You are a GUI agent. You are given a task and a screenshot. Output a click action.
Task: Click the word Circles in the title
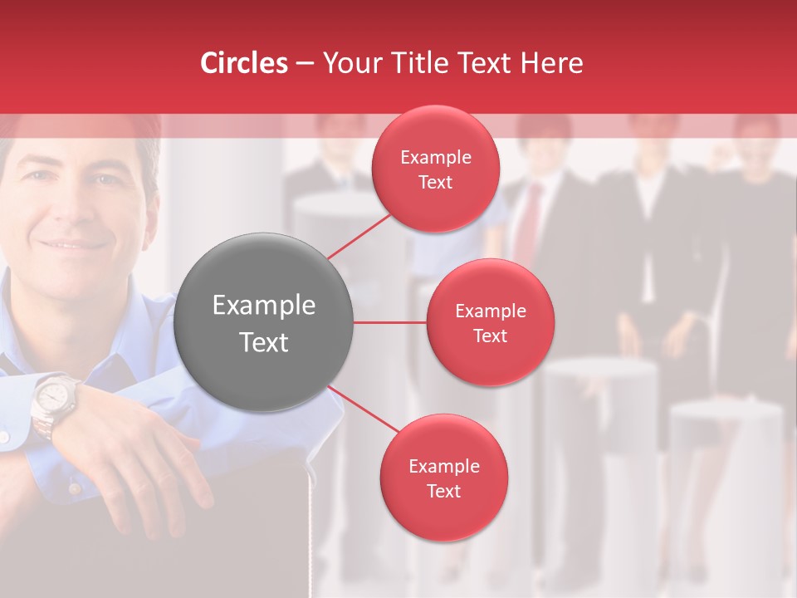point(244,63)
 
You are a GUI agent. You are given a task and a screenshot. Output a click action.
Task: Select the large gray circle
point(264,322)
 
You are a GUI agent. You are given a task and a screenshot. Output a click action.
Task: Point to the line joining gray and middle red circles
point(390,322)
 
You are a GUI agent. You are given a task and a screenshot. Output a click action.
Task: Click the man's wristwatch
point(53,399)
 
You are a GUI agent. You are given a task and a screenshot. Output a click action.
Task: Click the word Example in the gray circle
point(264,306)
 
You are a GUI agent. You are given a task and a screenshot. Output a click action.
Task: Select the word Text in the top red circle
point(435,182)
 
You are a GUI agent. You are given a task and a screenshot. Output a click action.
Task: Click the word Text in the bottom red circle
point(443,491)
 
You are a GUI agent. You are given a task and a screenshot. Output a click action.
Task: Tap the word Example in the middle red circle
point(490,311)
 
